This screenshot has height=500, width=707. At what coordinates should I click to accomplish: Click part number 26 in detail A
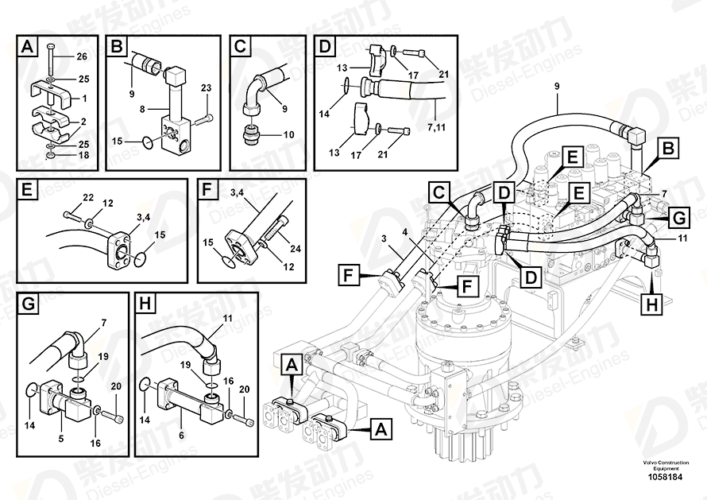pos(82,56)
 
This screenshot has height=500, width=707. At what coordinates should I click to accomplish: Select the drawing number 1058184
pos(665,477)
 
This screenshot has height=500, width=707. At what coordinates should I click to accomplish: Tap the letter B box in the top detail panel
pos(117,46)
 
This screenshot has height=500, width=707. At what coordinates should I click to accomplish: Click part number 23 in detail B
pos(206,87)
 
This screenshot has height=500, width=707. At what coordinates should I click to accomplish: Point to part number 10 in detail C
pos(288,134)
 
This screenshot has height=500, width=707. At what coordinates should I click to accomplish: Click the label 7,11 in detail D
pos(436,127)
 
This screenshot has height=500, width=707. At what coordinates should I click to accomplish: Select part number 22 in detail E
pos(88,197)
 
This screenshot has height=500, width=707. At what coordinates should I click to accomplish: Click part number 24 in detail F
pos(296,248)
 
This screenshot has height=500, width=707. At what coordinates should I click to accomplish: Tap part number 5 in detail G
pos(61,438)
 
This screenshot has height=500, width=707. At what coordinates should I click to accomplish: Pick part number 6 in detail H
pos(181,436)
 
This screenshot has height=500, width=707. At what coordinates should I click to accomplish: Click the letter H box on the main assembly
pos(652,304)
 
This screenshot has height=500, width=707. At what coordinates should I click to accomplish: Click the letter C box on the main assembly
pos(438,193)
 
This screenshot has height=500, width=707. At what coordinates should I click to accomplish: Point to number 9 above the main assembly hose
pos(557,86)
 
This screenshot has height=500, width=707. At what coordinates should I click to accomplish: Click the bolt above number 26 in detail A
pos(50,60)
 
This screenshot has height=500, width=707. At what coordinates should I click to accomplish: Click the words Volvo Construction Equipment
pos(666,465)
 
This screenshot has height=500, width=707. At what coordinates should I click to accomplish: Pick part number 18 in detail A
pos(83,155)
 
